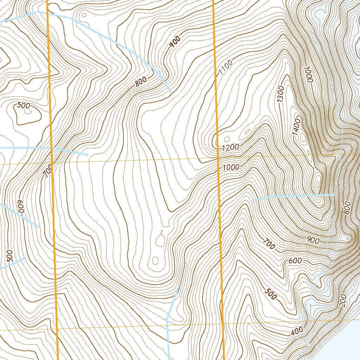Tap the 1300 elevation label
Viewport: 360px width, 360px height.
(281, 94)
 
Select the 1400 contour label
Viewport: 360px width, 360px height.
(296, 127)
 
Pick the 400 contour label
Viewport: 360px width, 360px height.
(297, 331)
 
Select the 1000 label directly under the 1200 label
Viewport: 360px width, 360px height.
(231, 167)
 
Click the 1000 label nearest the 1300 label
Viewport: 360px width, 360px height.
(308, 75)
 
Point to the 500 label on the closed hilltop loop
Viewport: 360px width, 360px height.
(24, 105)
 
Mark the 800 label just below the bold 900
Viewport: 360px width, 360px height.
(140, 82)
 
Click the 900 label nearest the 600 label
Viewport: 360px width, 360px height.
(313, 240)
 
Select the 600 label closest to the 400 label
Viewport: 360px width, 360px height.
(295, 261)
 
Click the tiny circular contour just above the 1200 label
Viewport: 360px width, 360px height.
(227, 139)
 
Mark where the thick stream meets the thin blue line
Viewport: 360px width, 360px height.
(333, 194)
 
